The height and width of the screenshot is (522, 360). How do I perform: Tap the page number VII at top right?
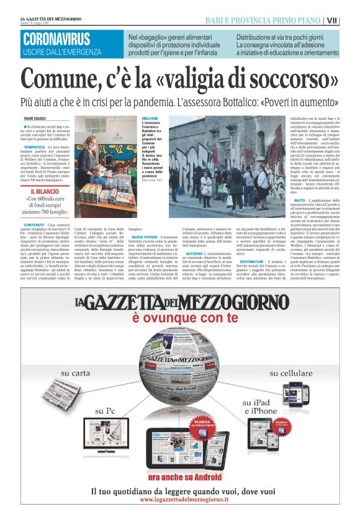point(349,20)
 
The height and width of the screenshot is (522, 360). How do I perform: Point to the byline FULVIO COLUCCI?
point(35,116)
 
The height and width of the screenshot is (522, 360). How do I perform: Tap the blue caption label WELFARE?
point(150,117)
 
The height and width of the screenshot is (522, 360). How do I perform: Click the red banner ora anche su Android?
point(180,476)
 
